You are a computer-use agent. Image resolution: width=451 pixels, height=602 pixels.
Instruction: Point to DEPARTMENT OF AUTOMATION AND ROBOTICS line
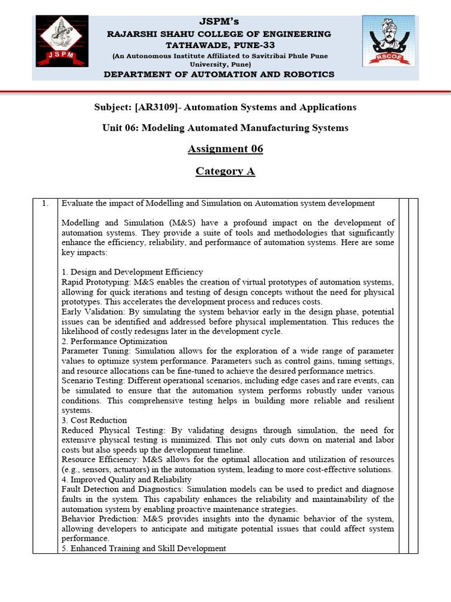coord(218,74)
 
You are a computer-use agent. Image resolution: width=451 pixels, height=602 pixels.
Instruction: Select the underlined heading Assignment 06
coord(225,149)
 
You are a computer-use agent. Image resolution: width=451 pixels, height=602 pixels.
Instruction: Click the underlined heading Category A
coord(225,171)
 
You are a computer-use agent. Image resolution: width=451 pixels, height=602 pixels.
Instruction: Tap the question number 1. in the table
coord(45,203)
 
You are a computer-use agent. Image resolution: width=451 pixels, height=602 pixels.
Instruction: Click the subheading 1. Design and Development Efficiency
coord(132,272)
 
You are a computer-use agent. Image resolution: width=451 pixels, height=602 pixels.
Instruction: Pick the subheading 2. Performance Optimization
coord(115,341)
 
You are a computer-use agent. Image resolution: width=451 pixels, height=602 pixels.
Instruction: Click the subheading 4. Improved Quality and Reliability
coord(126,479)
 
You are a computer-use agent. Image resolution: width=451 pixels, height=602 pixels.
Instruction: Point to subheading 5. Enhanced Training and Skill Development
coord(143,548)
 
